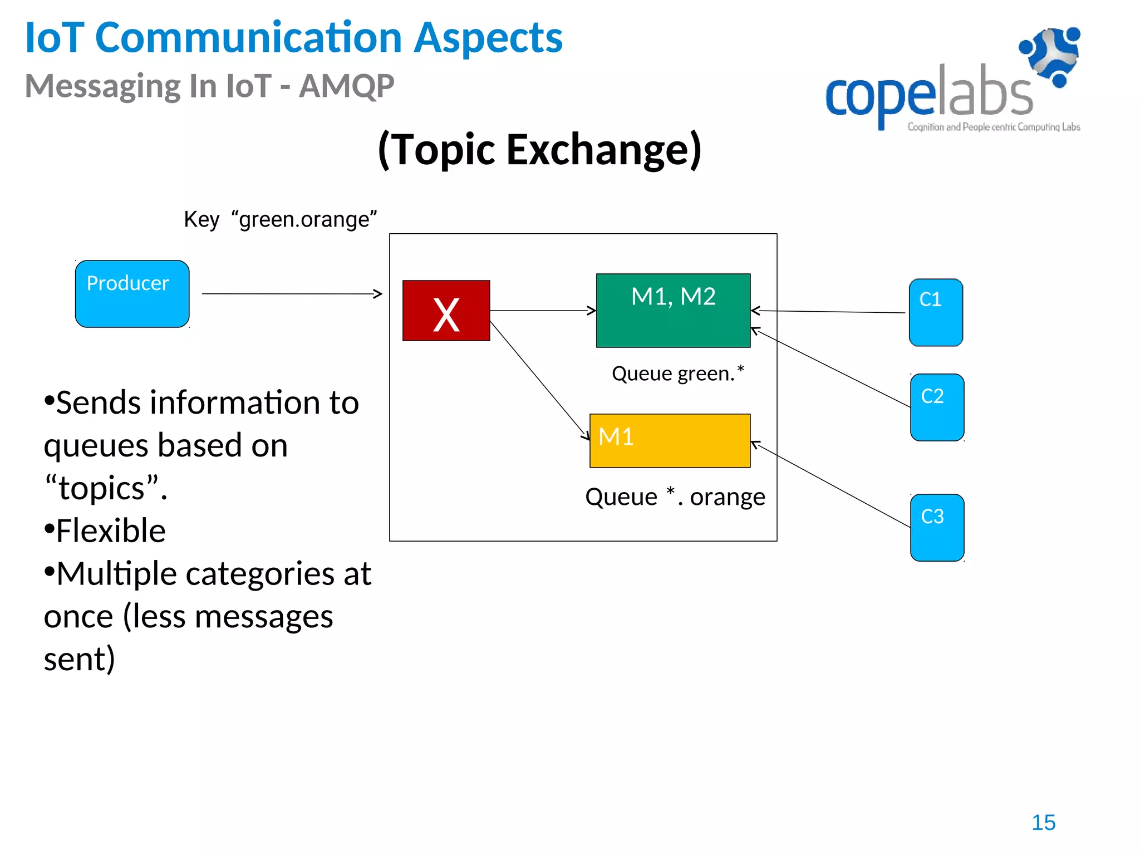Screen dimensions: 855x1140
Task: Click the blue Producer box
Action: [x=132, y=294]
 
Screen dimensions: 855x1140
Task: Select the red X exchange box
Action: [x=446, y=311]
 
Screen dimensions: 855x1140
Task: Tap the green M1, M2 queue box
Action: [x=673, y=311]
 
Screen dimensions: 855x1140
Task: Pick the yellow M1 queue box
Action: [x=670, y=441]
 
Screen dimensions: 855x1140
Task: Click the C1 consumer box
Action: [x=936, y=313]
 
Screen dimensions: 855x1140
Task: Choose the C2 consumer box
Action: [x=937, y=407]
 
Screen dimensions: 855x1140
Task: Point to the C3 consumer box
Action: [x=937, y=528]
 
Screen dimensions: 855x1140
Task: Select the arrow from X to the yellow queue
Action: [x=539, y=381]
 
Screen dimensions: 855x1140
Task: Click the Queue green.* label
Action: [x=677, y=373]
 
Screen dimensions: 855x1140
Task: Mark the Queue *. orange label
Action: [x=675, y=497]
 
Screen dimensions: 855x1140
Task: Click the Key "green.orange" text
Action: [x=281, y=219]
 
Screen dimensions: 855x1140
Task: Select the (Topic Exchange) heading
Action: [x=539, y=149]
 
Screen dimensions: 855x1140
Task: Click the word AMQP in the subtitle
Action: [x=346, y=86]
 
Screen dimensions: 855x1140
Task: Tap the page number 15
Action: [x=1043, y=823]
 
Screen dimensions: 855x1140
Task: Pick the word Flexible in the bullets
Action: [x=111, y=530]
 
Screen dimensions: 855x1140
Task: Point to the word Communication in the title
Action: [x=248, y=38]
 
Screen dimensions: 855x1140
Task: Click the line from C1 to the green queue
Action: [x=829, y=312]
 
